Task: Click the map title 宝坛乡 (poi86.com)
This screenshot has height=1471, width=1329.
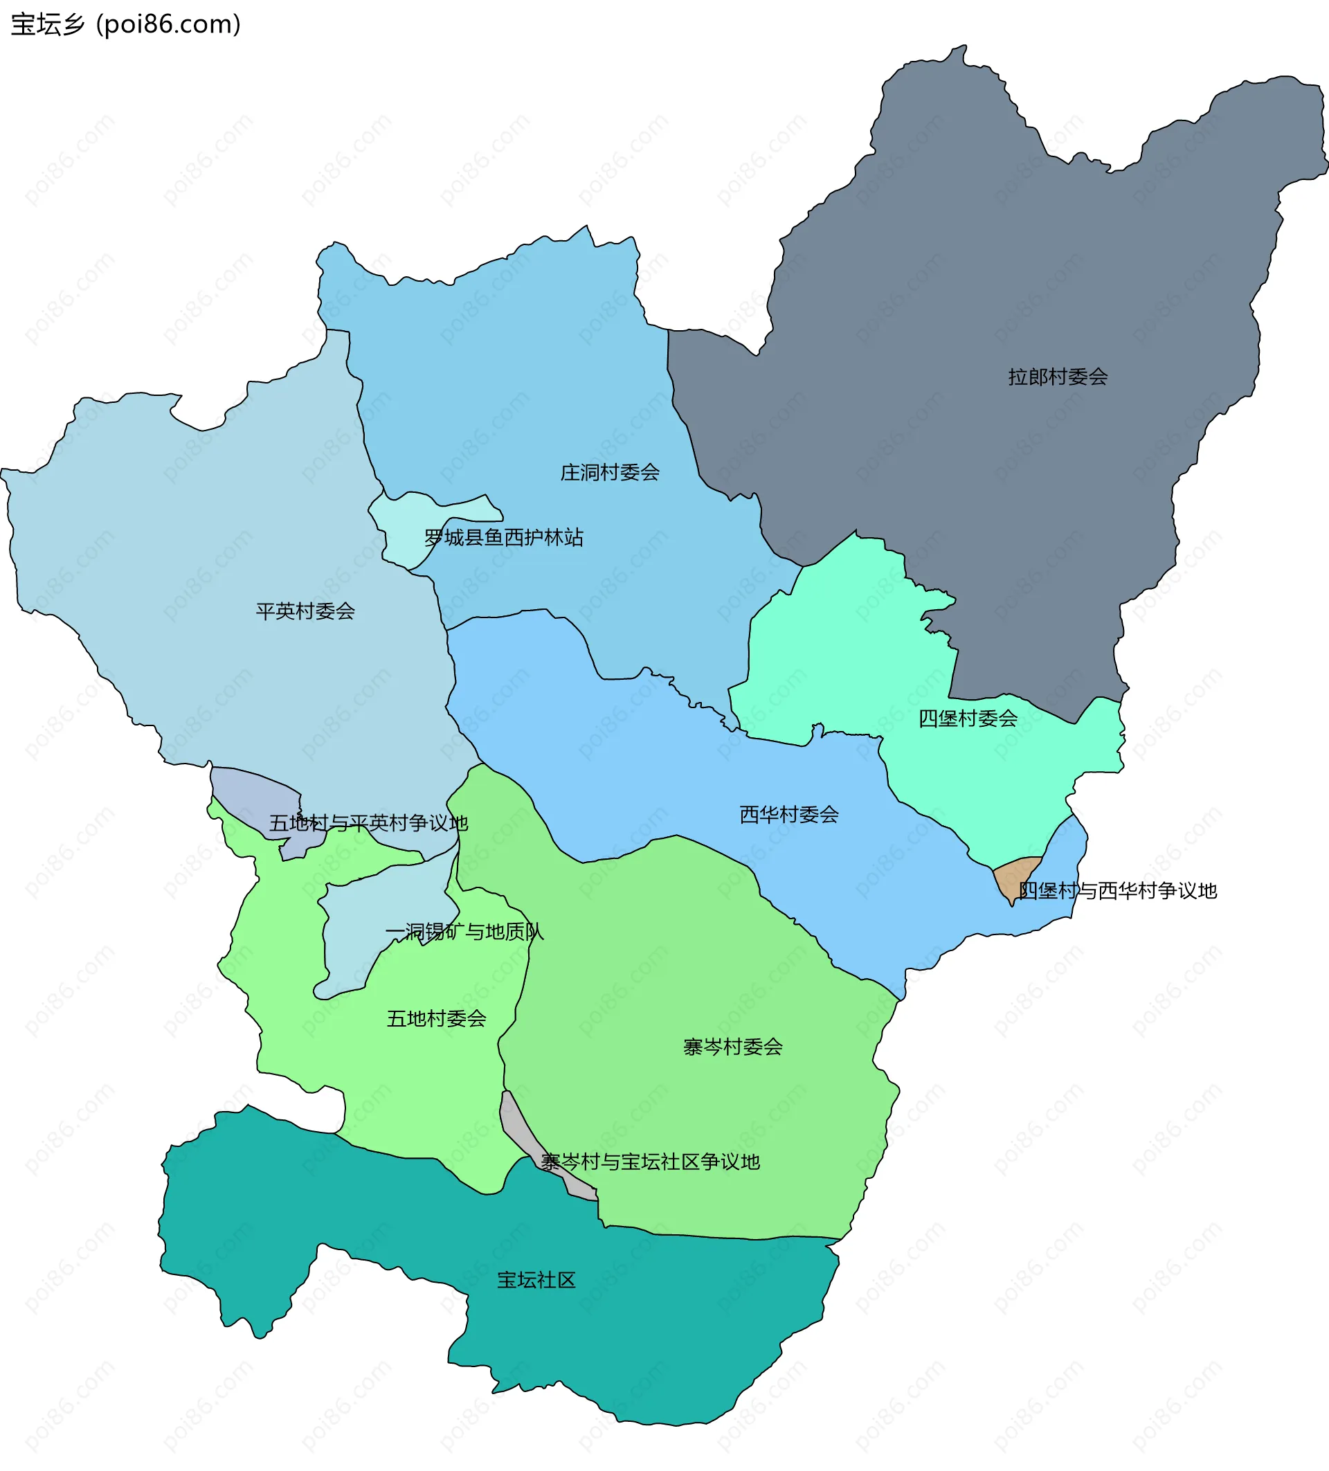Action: pyautogui.click(x=125, y=25)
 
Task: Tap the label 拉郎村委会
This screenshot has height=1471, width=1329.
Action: pyautogui.click(x=1058, y=377)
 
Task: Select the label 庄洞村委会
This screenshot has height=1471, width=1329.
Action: pyautogui.click(x=610, y=473)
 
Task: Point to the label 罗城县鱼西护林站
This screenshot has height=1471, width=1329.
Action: pyautogui.click(x=503, y=538)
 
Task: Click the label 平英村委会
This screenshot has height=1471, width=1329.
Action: pyautogui.click(x=305, y=611)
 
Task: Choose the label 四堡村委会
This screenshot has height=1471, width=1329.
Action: pyautogui.click(x=967, y=719)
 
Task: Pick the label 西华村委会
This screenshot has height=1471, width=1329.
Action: pyautogui.click(x=788, y=814)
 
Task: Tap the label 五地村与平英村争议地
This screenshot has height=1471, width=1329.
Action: pyautogui.click(x=368, y=823)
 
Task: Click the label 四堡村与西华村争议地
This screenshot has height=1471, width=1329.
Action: pyautogui.click(x=1117, y=891)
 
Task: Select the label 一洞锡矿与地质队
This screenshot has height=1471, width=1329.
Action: pyautogui.click(x=464, y=932)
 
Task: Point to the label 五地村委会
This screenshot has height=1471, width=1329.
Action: pyautogui.click(x=436, y=1018)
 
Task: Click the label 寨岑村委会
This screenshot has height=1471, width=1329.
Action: pyautogui.click(x=732, y=1047)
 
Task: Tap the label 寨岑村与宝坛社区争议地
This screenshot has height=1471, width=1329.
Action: pyautogui.click(x=650, y=1162)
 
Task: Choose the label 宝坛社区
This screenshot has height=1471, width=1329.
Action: pyautogui.click(x=536, y=1280)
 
